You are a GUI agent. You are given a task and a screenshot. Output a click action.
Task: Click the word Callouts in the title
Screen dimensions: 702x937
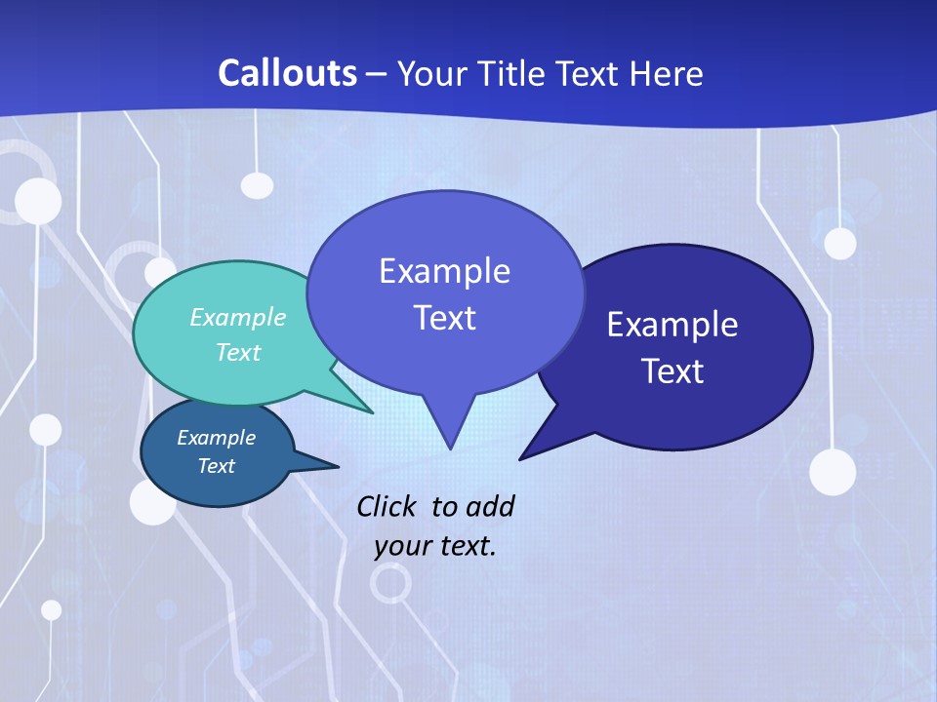[x=287, y=73]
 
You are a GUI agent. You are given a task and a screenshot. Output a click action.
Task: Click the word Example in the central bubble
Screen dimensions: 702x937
[x=444, y=271]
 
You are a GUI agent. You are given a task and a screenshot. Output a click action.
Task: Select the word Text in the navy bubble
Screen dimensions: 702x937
[x=672, y=371]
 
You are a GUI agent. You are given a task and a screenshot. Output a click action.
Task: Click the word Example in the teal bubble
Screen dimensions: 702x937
[x=238, y=318]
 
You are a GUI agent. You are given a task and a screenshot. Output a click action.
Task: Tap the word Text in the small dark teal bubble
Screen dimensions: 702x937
[x=217, y=466]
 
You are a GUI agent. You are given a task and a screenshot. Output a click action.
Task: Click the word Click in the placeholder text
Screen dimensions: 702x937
[x=387, y=506]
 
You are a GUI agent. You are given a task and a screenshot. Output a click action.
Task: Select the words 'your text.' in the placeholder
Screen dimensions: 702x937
[x=435, y=546]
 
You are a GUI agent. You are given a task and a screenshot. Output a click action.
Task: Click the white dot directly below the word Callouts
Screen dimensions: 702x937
[x=257, y=185]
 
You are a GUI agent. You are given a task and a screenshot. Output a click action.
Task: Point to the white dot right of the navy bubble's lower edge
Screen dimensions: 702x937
[x=832, y=472]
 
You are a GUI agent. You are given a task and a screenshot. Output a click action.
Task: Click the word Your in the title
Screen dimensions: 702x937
[x=432, y=73]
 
